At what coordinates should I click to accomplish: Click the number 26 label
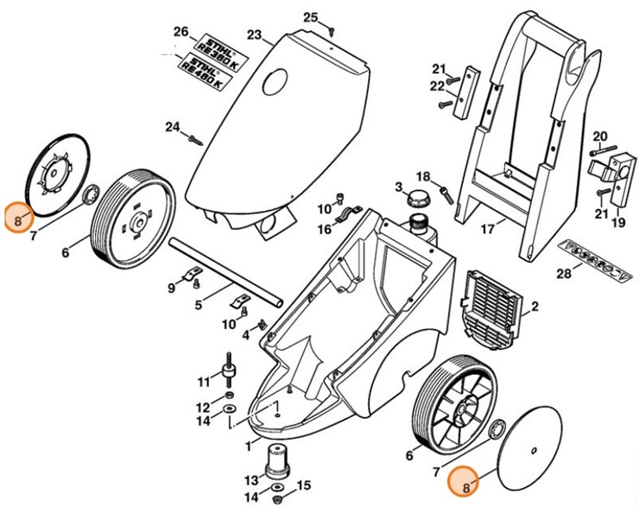tap(180, 33)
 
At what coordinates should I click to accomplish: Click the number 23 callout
tap(254, 35)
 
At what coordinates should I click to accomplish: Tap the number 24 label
tap(172, 129)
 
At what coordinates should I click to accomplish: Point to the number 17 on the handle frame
tap(488, 231)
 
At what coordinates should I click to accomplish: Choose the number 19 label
tap(618, 223)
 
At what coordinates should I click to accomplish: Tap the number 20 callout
tap(600, 136)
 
